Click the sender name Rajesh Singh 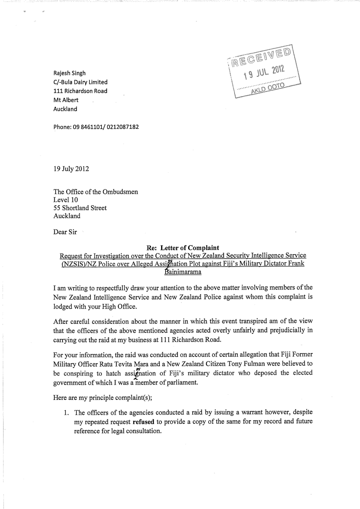point(69,73)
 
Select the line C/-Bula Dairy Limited point(80,82)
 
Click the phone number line point(96,127)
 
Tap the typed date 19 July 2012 point(71,169)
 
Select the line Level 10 point(66,200)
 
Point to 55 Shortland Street point(80,208)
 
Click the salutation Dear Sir point(65,232)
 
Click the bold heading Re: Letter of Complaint point(183,248)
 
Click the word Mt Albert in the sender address point(66,100)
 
